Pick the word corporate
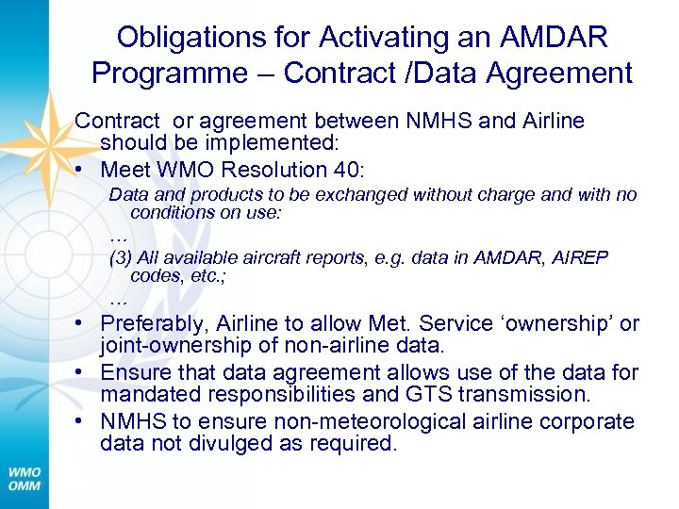[x=588, y=420]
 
